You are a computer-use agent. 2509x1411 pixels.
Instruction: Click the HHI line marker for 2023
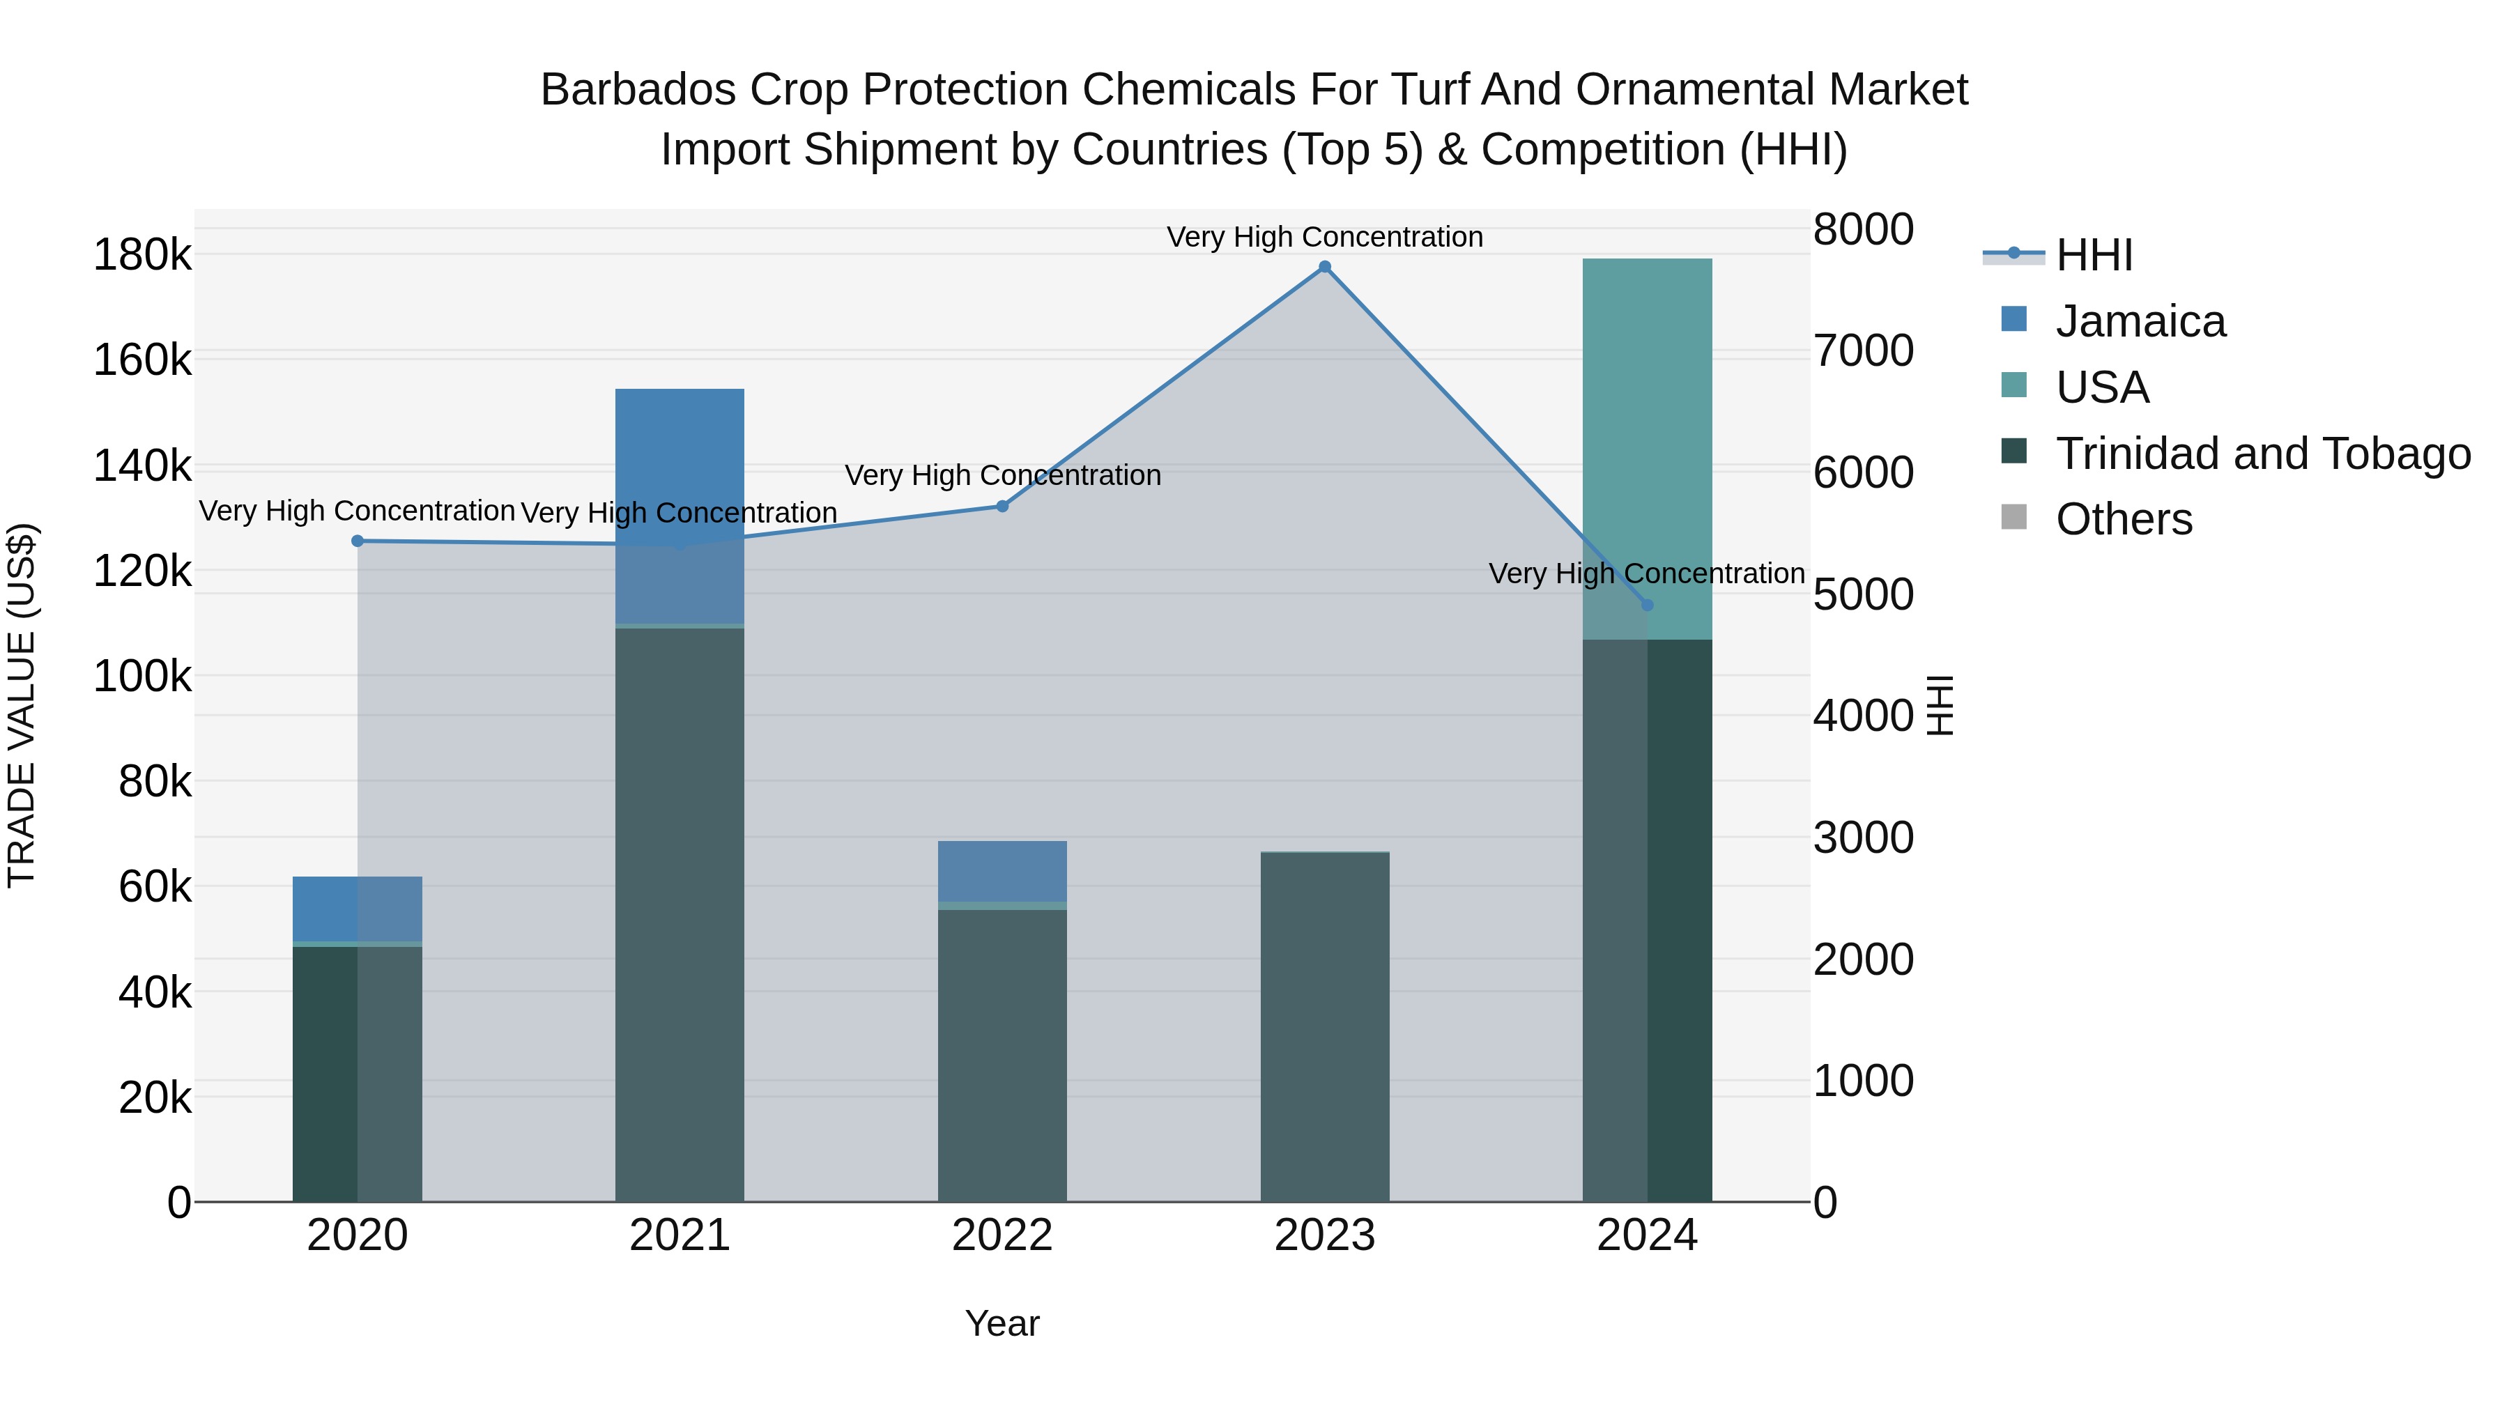(x=1325, y=267)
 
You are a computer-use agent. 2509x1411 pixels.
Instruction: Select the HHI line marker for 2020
(x=358, y=541)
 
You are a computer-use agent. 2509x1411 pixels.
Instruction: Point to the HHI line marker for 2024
(x=1647, y=605)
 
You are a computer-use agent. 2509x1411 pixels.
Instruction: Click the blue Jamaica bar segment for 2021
(x=680, y=468)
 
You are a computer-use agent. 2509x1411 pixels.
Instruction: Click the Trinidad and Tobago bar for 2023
(x=1325, y=1027)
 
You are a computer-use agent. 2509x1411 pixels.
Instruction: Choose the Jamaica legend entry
(x=2140, y=321)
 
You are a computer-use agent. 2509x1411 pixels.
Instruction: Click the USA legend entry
(x=2102, y=387)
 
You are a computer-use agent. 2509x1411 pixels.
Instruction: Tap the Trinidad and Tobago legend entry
(x=2262, y=454)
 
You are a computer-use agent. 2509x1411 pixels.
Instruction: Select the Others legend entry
(x=2124, y=519)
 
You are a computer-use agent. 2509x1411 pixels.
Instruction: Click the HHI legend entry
(x=2094, y=255)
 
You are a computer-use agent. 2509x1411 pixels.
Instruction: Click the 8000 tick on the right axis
(x=1863, y=230)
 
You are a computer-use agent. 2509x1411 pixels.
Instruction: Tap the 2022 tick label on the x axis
(x=1002, y=1235)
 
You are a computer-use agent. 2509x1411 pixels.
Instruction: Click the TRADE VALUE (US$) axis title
(x=22, y=705)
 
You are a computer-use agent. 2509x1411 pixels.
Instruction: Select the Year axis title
(x=1002, y=1323)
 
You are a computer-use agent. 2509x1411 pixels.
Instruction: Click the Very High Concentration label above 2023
(x=1325, y=237)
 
